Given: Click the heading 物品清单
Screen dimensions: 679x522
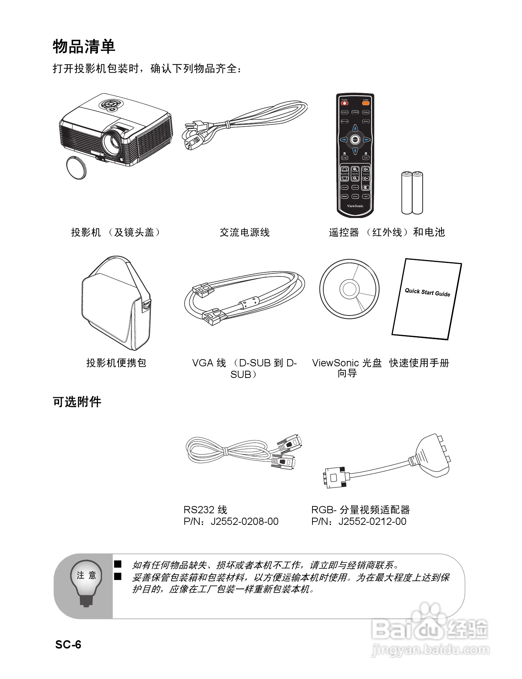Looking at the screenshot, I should (x=84, y=46).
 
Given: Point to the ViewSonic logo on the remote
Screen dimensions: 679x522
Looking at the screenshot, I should (x=355, y=206).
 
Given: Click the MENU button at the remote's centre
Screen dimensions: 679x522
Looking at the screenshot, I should (x=355, y=139).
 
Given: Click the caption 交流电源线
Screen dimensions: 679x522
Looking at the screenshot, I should (x=245, y=232).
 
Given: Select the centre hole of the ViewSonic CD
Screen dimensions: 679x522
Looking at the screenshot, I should (x=349, y=289).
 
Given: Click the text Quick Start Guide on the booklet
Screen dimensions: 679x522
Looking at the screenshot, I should (x=427, y=292).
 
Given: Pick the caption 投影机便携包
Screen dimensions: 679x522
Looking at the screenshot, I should (x=116, y=363).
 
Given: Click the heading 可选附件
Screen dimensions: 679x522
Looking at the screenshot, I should (x=77, y=402).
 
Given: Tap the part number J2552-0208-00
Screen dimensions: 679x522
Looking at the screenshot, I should (x=245, y=522).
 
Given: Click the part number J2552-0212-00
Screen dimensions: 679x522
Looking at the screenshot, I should (x=372, y=522).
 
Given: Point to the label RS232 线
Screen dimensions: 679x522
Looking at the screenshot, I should (x=205, y=510).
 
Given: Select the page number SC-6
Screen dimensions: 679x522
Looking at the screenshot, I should (x=68, y=645).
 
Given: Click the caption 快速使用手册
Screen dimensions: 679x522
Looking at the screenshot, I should (x=419, y=363).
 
